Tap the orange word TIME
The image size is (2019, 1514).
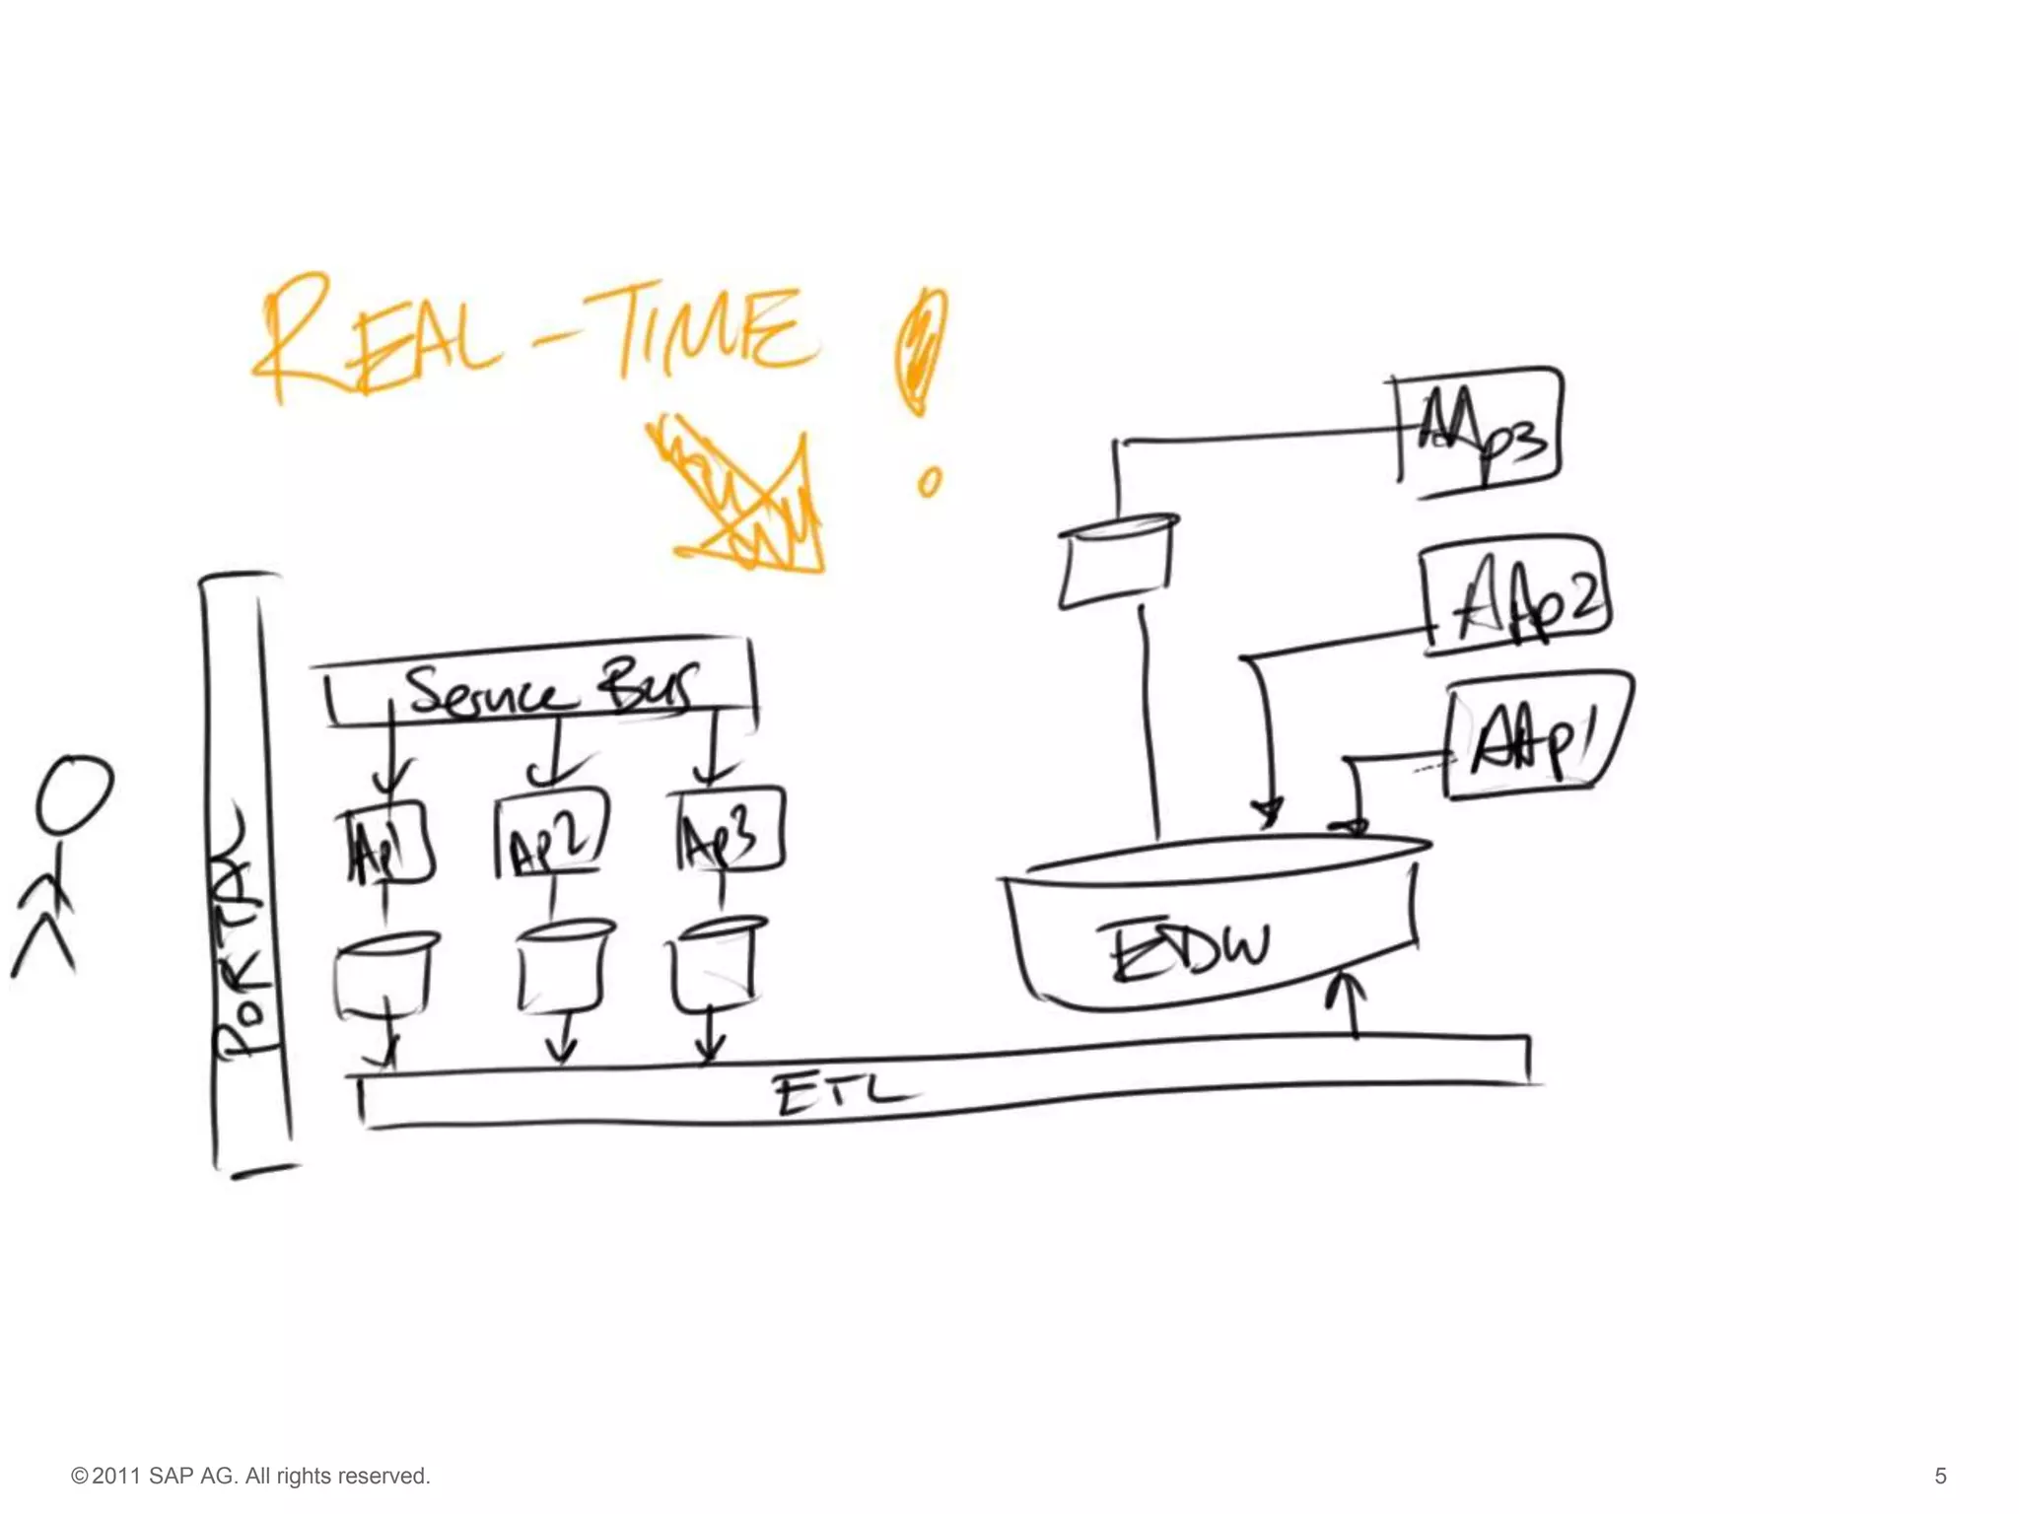point(706,330)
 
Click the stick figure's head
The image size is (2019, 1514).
point(74,793)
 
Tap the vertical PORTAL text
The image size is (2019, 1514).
point(242,936)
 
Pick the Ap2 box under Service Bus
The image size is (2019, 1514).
point(550,836)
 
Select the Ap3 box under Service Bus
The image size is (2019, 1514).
point(728,830)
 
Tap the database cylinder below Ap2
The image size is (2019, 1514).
point(563,967)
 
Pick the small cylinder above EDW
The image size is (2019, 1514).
point(1117,562)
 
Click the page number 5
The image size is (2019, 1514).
point(1940,1476)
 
